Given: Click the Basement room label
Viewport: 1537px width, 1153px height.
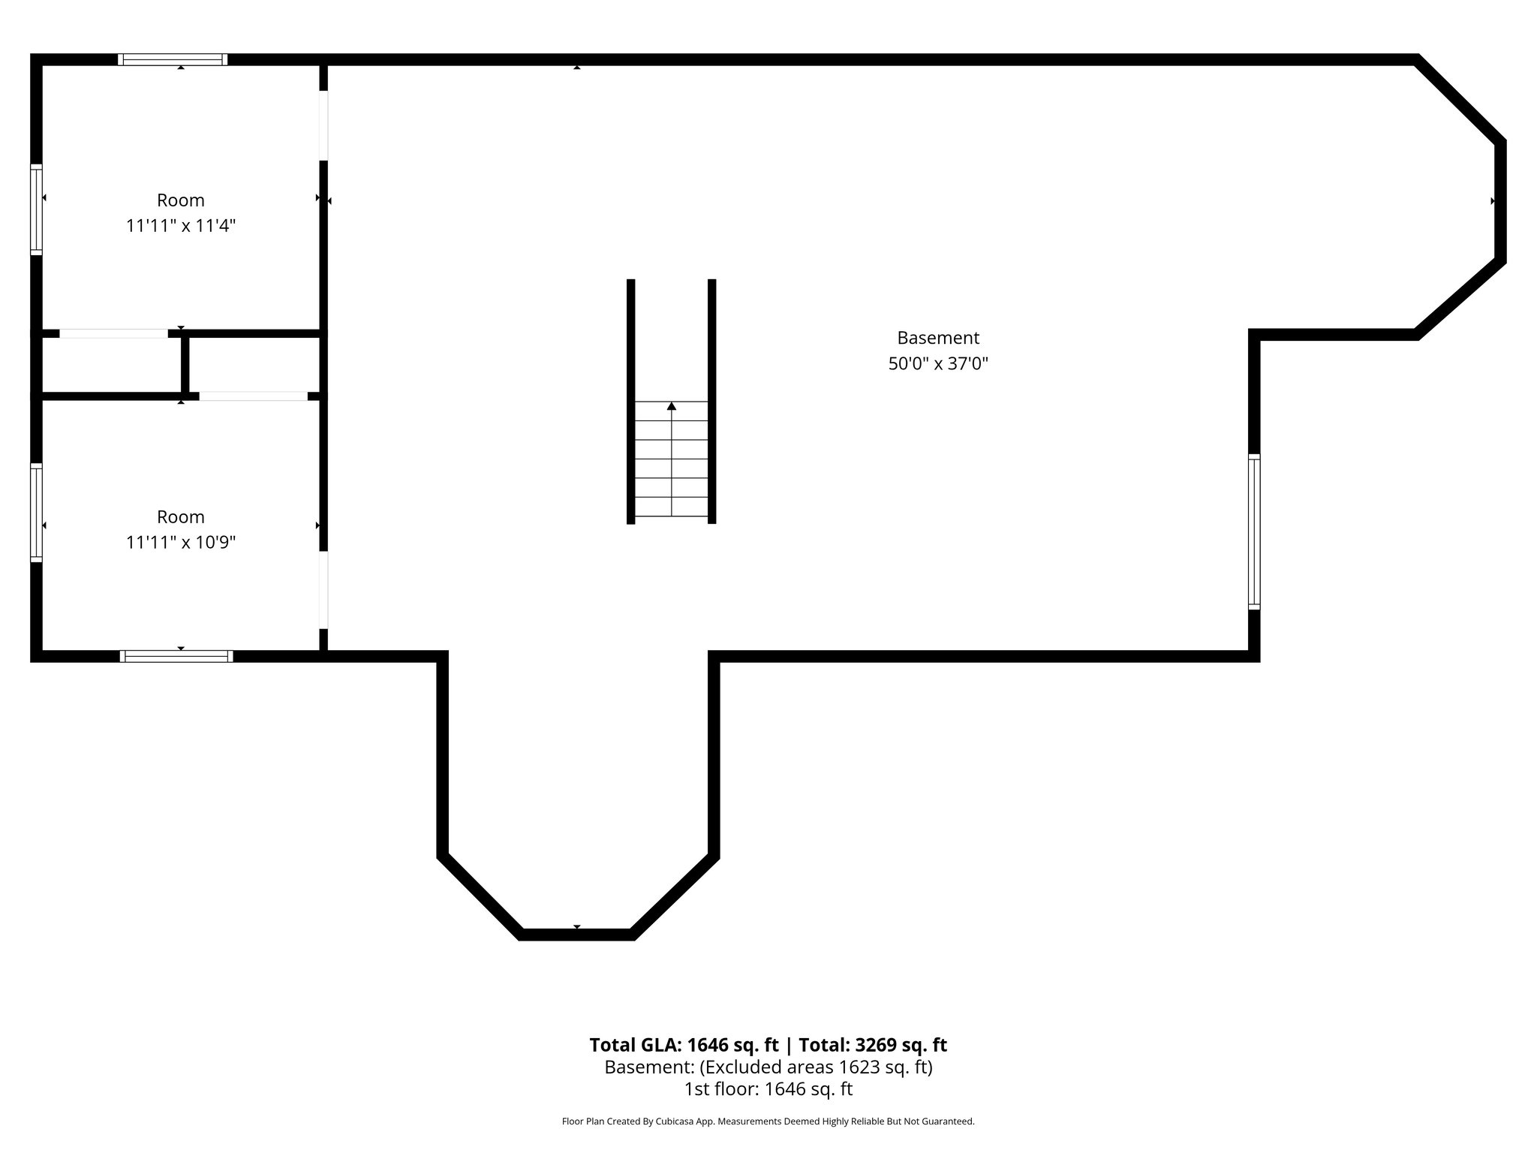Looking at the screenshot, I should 938,338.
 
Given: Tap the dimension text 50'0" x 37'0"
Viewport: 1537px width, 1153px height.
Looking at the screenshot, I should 938,364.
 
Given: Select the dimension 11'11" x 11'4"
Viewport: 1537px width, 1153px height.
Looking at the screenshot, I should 181,226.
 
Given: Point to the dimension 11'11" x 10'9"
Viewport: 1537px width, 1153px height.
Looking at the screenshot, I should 181,543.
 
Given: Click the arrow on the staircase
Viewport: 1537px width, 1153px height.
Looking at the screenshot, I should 672,407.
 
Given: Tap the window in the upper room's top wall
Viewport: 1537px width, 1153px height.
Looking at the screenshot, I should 173,60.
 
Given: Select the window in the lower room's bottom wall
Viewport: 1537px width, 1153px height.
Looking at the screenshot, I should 176,656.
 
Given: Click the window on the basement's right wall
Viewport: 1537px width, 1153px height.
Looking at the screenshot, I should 1254,531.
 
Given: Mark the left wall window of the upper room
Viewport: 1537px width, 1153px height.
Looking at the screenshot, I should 36,209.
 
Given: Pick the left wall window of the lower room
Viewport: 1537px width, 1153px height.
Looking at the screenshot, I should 36,513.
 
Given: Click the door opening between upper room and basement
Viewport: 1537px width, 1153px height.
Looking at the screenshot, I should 323,125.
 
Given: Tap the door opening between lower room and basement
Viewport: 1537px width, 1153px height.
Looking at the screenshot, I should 323,590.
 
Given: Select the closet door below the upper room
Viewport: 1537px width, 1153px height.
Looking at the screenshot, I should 114,333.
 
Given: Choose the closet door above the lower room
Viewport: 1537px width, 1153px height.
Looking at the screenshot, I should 253,396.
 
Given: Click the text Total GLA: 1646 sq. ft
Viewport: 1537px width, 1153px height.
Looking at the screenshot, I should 684,1045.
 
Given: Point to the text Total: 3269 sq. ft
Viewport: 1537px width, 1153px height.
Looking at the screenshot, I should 873,1045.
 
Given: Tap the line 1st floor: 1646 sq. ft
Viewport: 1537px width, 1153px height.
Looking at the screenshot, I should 768,1089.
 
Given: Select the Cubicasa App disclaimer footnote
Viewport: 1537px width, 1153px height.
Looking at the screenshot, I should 768,1121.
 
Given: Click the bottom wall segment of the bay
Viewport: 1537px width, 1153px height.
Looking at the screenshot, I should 576,935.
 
